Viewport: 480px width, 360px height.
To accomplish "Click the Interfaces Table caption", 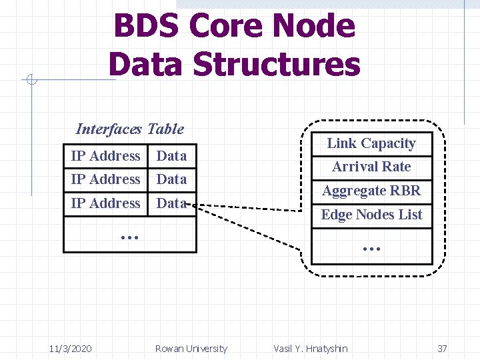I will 130,129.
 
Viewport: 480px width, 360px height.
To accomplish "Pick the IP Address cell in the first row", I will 105,156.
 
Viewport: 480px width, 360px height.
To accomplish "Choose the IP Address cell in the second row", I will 105,179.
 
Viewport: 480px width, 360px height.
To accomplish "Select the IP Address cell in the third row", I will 105,203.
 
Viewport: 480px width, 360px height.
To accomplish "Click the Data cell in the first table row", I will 171,156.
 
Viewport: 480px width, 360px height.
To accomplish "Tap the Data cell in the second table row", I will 171,179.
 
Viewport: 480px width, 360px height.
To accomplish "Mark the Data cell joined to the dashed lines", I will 171,203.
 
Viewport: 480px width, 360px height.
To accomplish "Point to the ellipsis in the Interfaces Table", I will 129,235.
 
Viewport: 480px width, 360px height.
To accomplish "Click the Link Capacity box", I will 371,143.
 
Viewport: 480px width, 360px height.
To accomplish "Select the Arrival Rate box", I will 371,167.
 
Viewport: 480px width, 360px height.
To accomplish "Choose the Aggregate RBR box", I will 371,191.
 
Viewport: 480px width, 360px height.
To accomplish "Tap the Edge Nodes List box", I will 371,215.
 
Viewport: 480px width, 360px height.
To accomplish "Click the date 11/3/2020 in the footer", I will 71,349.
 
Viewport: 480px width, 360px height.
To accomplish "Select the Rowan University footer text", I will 191,349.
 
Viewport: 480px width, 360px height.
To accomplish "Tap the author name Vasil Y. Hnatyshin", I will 311,349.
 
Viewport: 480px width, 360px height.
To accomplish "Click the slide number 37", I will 442,349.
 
